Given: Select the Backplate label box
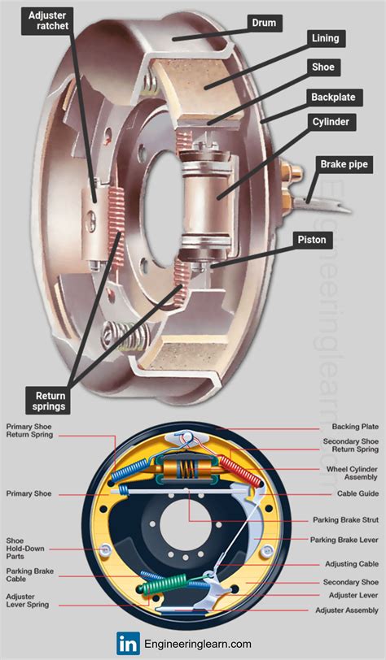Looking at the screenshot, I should click(332, 97).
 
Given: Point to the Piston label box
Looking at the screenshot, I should click(312, 240).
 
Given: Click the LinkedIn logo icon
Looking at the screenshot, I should click(127, 642).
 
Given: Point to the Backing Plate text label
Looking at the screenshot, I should click(353, 427).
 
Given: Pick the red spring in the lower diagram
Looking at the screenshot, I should click(243, 471).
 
